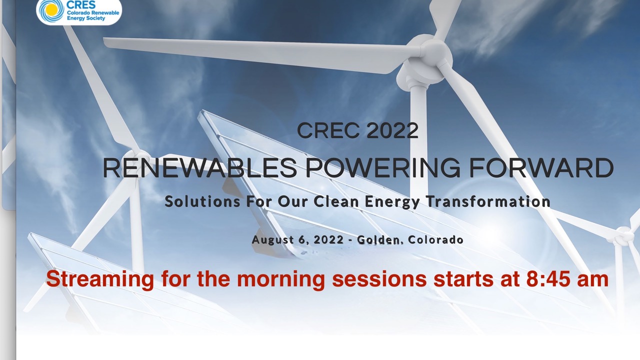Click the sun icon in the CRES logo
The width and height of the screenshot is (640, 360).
pos(51,10)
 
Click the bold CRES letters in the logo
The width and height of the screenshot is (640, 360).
pos(81,4)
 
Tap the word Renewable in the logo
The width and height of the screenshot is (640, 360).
pos(105,13)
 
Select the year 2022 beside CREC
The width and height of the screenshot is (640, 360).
pos(392,130)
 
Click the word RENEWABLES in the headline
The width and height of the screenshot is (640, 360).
pos(199,168)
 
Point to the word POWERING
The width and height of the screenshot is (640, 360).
pos(383,168)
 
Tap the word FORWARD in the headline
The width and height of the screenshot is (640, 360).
pos(541,168)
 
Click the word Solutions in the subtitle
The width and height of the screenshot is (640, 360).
pos(202,201)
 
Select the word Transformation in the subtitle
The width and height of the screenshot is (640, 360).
pos(488,201)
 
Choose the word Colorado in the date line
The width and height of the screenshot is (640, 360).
pos(435,239)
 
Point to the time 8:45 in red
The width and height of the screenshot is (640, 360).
pos(548,279)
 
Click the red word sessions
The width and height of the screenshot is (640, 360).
pos(379,279)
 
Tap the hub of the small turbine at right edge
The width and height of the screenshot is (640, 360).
pos(624,235)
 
